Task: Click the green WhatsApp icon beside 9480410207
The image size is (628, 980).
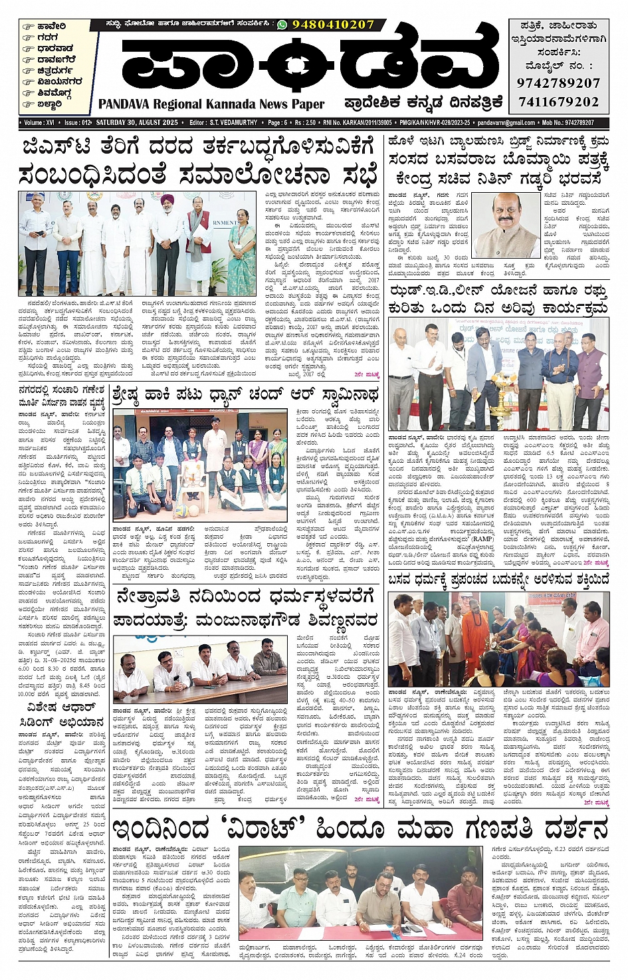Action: pyautogui.click(x=282, y=25)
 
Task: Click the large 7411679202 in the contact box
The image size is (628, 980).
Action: pyautogui.click(x=558, y=102)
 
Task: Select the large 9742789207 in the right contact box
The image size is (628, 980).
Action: pyautogui.click(x=558, y=83)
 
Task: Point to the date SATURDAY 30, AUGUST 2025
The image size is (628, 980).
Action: pyautogui.click(x=138, y=123)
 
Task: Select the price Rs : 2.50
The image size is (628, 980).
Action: pyautogui.click(x=305, y=123)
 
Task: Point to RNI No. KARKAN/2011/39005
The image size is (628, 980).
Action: pyautogui.click(x=358, y=123)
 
